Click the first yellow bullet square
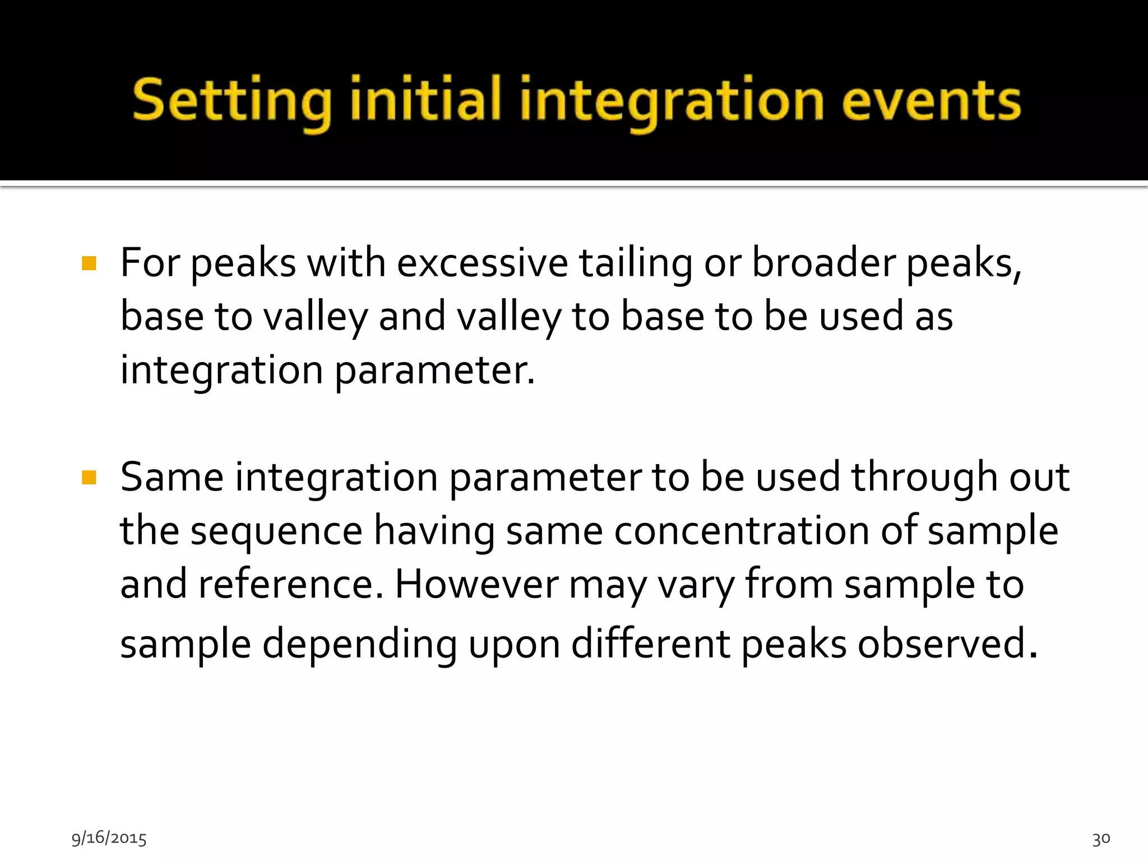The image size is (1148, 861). click(89, 263)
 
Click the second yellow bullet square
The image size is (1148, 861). click(89, 477)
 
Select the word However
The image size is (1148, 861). click(476, 584)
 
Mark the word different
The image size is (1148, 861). click(650, 643)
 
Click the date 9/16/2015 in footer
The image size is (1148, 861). click(109, 838)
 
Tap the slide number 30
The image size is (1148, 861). click(1101, 839)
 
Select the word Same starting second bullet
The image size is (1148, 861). click(172, 477)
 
